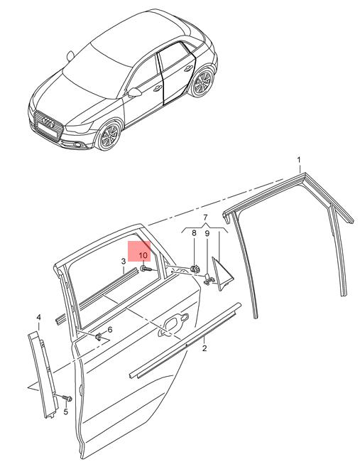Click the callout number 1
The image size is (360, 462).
click(299, 160)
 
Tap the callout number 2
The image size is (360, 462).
click(204, 348)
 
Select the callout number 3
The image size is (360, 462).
click(124, 261)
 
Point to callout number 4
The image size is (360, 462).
click(39, 318)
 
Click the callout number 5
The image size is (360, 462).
click(65, 412)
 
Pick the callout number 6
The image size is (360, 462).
click(110, 330)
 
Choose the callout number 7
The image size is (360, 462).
click(205, 217)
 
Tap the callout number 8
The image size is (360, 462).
click(194, 233)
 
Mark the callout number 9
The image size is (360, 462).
click(207, 234)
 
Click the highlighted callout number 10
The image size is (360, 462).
click(143, 255)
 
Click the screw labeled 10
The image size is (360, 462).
click(146, 269)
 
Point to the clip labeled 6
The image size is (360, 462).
click(99, 337)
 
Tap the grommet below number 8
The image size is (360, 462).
click(195, 269)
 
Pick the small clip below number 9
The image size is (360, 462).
click(208, 279)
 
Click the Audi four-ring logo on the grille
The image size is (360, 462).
click(48, 122)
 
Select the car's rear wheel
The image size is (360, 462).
click(202, 82)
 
